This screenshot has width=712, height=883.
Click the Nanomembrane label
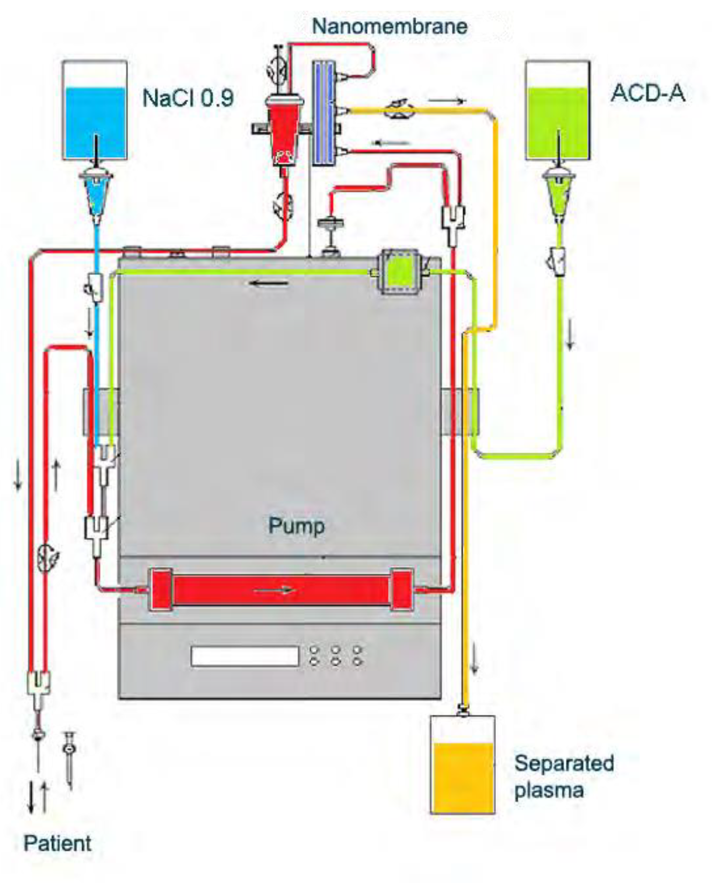(390, 26)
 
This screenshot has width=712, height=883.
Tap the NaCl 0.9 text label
(188, 98)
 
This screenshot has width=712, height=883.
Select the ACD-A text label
(648, 93)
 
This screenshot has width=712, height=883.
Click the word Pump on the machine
(296, 525)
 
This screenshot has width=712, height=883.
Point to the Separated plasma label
(563, 776)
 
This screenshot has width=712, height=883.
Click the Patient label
(57, 843)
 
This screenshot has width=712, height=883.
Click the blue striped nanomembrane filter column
(323, 113)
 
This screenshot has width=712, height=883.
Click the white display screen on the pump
(244, 656)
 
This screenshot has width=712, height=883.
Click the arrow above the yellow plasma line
(447, 100)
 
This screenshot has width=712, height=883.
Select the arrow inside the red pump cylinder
(275, 590)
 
